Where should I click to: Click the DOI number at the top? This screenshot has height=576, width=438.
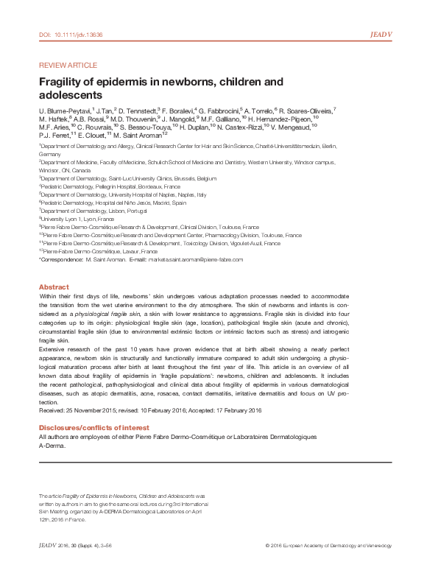(70, 35)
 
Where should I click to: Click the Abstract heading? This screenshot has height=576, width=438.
(54, 286)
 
